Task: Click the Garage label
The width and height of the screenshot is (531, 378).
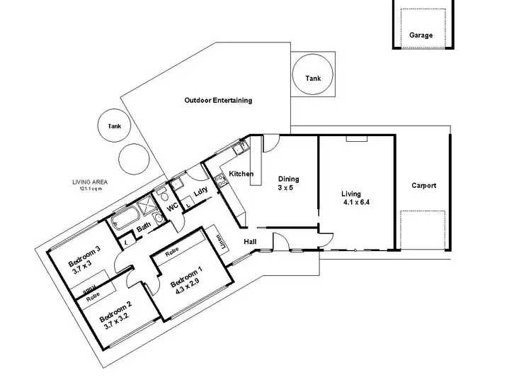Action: pyautogui.click(x=421, y=34)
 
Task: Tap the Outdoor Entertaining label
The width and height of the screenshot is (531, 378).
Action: pyautogui.click(x=218, y=101)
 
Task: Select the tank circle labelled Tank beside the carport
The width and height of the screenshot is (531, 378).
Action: pyautogui.click(x=312, y=77)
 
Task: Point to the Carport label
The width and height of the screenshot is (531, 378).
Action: pyautogui.click(x=424, y=186)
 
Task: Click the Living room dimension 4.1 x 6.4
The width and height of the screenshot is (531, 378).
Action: pyautogui.click(x=355, y=201)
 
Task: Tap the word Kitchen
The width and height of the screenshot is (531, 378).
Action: pyautogui.click(x=241, y=174)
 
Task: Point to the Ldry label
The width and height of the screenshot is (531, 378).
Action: pyautogui.click(x=200, y=190)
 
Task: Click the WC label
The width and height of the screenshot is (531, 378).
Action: pyautogui.click(x=171, y=207)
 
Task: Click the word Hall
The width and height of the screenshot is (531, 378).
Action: pyautogui.click(x=251, y=242)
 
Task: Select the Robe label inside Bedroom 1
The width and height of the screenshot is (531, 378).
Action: pyautogui.click(x=171, y=252)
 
